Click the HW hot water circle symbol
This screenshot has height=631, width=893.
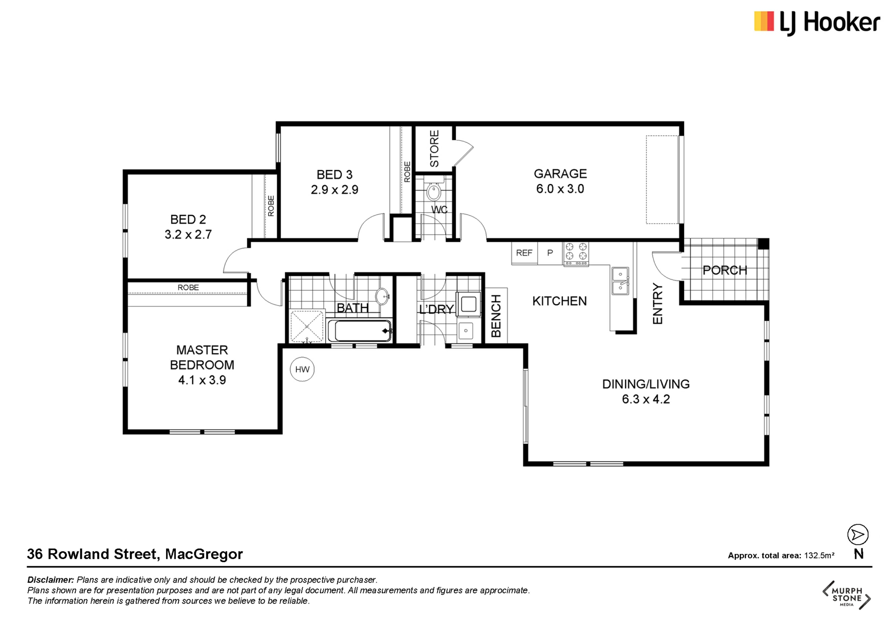point(302,369)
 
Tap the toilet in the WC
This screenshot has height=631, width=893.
point(433,189)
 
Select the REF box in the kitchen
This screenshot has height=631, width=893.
point(524,253)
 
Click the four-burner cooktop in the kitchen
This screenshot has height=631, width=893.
point(576,254)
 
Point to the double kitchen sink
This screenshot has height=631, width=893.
point(620,281)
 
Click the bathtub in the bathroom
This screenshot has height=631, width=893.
point(359,331)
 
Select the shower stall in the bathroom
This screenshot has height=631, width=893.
point(307,326)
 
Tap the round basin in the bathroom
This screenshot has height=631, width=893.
point(382,296)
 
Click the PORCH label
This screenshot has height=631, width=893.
point(725,270)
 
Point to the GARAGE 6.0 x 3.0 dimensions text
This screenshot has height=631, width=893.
point(560,189)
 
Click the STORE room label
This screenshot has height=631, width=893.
point(434,149)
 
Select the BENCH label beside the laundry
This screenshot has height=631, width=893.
point(496,316)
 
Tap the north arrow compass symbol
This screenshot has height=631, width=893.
point(858,535)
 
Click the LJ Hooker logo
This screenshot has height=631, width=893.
point(817,23)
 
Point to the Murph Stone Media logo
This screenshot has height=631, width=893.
point(846,595)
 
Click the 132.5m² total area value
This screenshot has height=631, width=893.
point(819,555)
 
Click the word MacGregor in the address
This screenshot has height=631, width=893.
point(204,554)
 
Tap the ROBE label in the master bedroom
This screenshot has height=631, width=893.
point(188,287)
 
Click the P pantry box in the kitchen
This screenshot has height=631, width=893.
point(550,253)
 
